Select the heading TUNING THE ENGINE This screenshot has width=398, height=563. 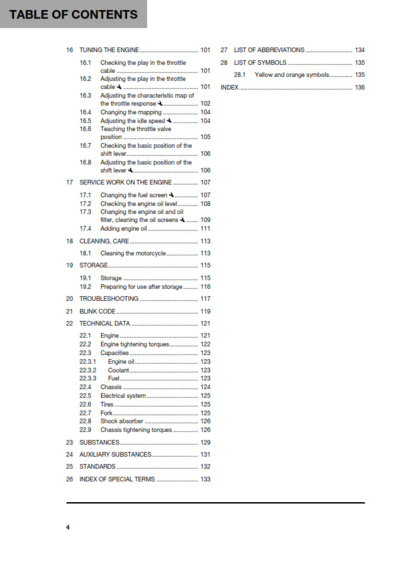point(110,50)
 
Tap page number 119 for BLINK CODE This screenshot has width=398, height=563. point(205,312)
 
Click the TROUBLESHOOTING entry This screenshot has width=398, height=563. point(109,299)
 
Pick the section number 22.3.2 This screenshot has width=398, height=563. point(88,370)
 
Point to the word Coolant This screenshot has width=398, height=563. point(119,370)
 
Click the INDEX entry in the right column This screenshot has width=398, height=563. point(229,88)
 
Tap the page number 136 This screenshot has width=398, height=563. point(360,88)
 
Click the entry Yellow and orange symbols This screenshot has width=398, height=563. point(292,75)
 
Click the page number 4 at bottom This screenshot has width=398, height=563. point(68,528)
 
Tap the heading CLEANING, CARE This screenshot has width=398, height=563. point(104,241)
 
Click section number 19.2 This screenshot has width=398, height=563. point(85,286)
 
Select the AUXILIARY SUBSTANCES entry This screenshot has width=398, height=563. point(115,455)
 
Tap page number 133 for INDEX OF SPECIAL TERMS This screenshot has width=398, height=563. point(205,479)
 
